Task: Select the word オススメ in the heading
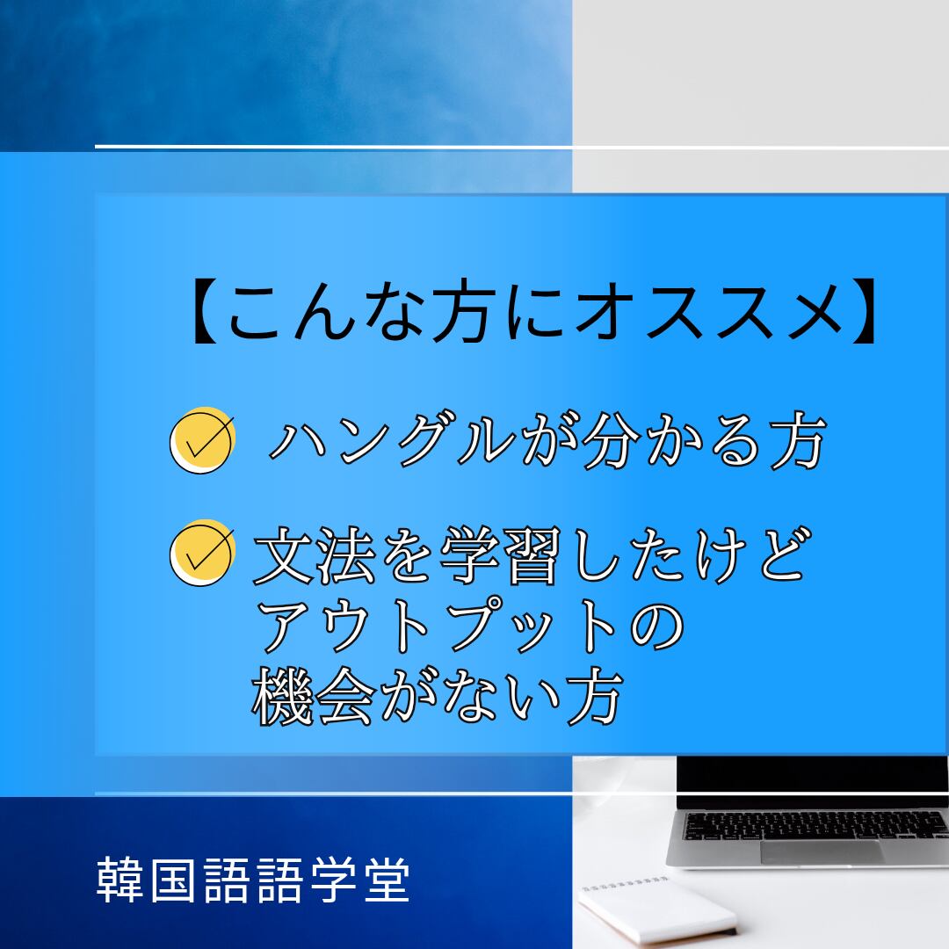(709, 312)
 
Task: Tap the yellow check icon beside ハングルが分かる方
(202, 440)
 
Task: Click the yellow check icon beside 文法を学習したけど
(202, 553)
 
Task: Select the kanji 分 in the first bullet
(612, 439)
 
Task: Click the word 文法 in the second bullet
(315, 554)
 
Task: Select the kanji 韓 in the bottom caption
(120, 880)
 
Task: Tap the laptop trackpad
(822, 851)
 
